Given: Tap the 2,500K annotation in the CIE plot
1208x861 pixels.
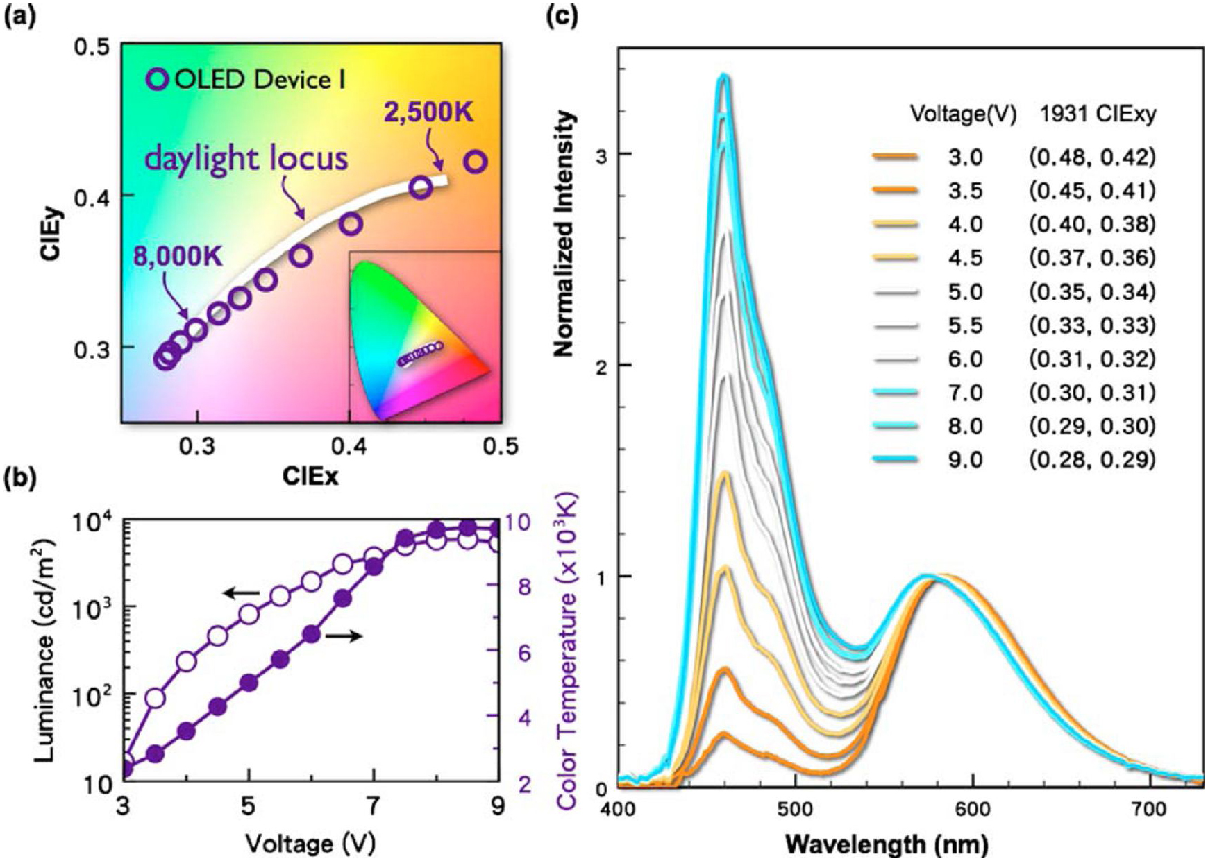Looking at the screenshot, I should [429, 111].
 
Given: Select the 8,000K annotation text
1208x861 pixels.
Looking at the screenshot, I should [178, 257].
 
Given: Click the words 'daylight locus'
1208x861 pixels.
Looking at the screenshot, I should [246, 159].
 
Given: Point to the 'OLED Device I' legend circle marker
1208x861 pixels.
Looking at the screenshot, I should [158, 80].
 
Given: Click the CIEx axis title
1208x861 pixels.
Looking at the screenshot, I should [310, 476].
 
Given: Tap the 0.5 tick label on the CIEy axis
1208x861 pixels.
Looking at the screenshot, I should [93, 46].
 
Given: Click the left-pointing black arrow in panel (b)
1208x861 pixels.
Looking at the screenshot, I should [241, 593].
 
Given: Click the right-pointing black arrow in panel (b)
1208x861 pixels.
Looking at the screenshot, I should [344, 636].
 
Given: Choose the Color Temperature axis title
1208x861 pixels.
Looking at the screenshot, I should [567, 651].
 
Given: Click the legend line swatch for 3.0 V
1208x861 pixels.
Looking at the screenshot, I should [895, 157].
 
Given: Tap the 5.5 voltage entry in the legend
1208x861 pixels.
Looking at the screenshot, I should [966, 325].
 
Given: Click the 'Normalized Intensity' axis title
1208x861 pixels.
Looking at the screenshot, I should [566, 234].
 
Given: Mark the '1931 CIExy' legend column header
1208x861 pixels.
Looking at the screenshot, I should [1098, 114].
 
